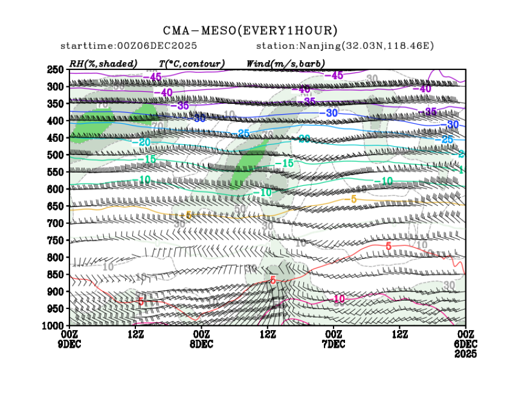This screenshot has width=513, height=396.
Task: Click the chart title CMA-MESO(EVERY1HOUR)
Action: [250, 30]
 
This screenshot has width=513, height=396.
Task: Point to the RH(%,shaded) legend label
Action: [103, 63]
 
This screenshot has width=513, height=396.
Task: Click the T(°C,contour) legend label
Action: [192, 63]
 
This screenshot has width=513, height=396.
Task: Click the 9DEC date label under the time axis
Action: [69, 344]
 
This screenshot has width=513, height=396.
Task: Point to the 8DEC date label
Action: [201, 344]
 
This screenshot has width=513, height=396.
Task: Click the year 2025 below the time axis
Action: [465, 354]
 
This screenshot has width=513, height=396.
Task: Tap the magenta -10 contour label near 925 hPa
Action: [338, 299]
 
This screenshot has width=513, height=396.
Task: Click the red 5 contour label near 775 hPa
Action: [389, 246]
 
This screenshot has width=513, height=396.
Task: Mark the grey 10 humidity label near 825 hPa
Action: [108, 266]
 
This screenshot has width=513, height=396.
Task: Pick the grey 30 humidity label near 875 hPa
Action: [449, 285]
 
